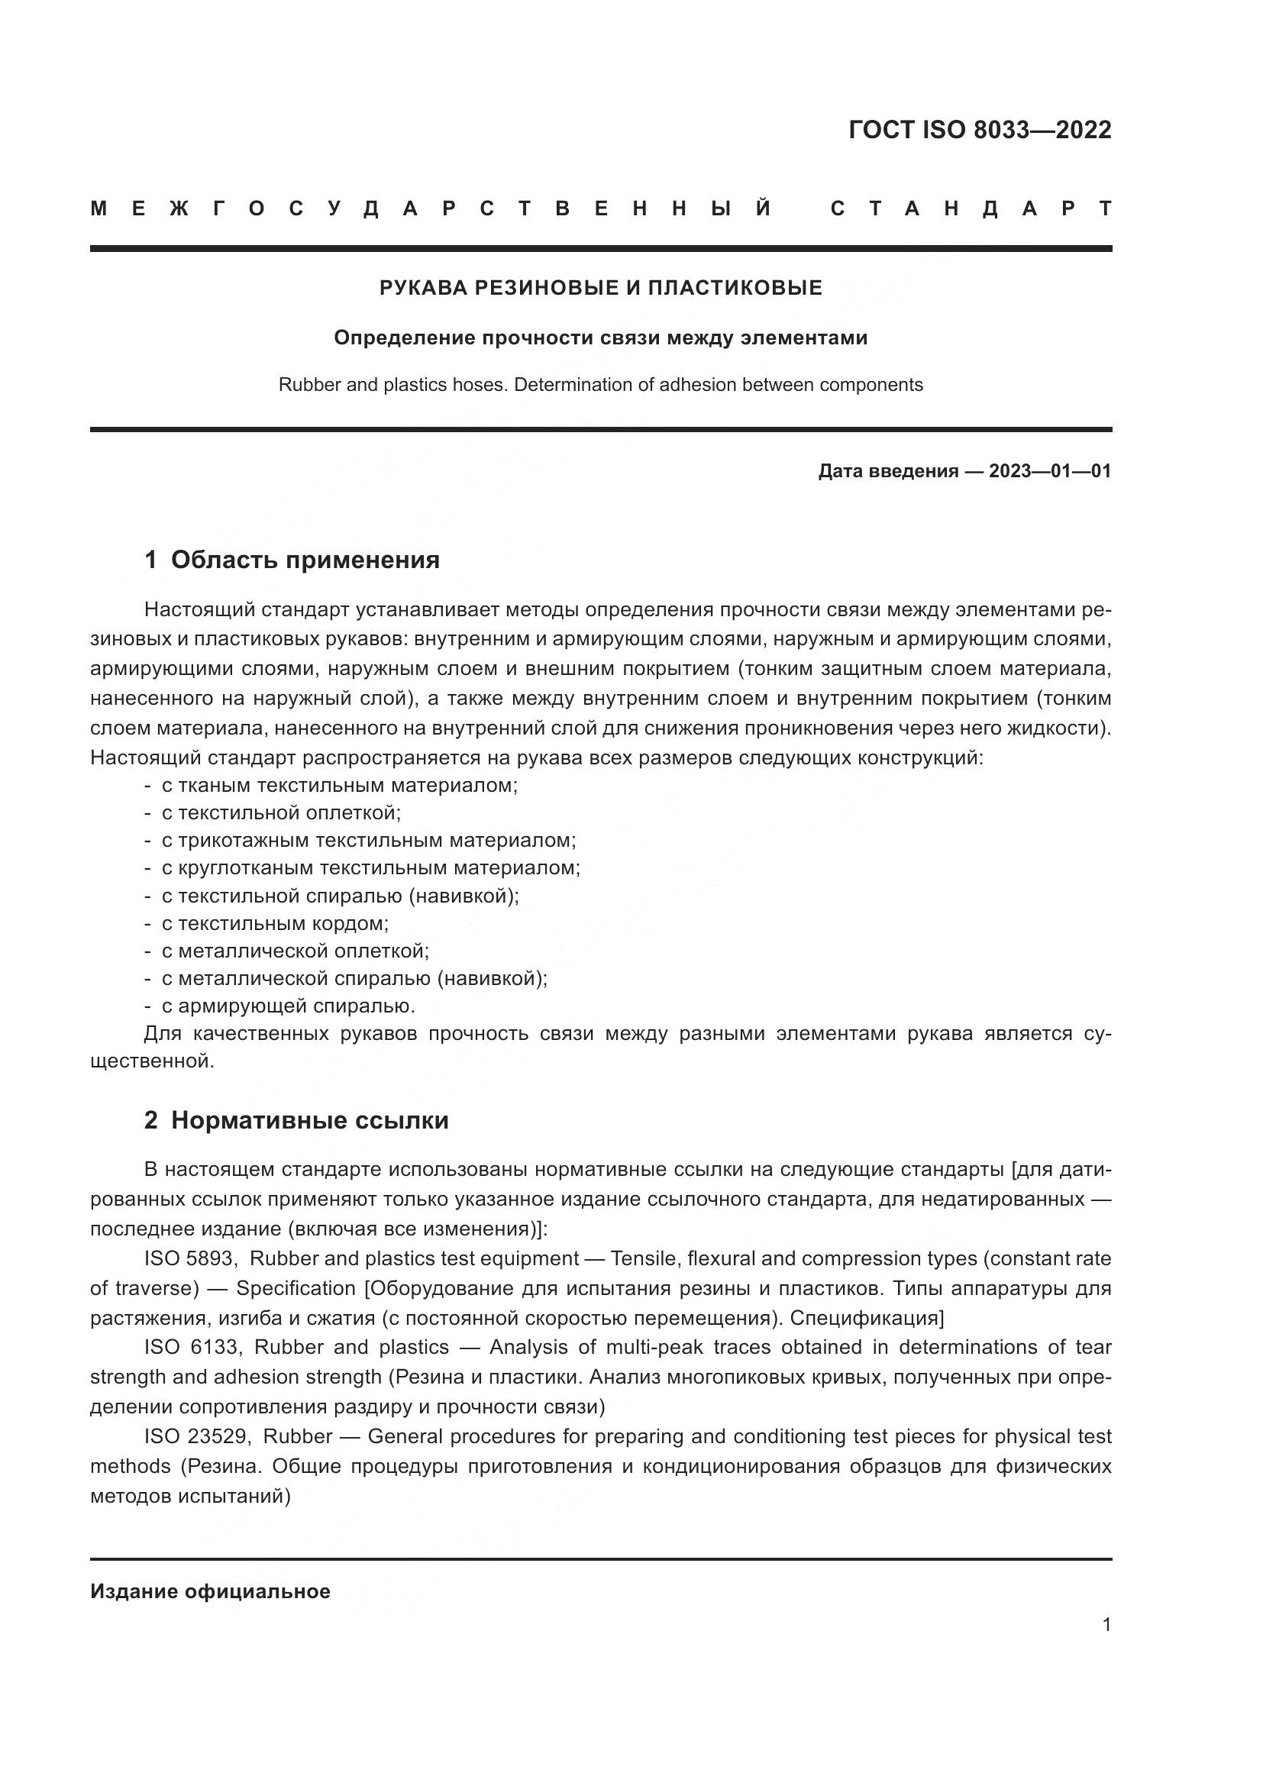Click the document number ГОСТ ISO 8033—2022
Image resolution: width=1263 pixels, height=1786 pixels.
coord(979,130)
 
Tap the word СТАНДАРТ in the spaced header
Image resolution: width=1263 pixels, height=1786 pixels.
coord(971,208)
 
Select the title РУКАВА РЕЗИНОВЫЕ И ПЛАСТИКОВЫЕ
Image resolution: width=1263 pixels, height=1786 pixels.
coord(600,288)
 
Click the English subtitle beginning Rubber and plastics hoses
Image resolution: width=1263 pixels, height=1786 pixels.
coord(600,384)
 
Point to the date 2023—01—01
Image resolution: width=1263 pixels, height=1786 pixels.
coord(1049,470)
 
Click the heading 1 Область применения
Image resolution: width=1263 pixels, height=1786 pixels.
coord(292,559)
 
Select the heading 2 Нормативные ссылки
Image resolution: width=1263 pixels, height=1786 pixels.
coord(296,1120)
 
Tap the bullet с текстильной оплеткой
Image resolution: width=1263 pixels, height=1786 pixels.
coord(281,813)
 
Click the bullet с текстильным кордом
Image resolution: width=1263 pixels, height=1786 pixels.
coord(275,923)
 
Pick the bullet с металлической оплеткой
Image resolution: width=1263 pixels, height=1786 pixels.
coord(295,951)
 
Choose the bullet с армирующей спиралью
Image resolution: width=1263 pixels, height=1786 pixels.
coord(288,1006)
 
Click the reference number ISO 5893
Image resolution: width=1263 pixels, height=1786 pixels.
coord(189,1258)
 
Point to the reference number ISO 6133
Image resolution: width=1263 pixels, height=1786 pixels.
coord(192,1346)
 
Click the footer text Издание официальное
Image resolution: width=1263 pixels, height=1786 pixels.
coord(210,1585)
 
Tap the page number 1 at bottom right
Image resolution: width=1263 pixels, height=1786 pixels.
coord(1106,1624)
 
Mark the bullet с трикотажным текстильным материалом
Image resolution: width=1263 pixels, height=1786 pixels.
coord(369,840)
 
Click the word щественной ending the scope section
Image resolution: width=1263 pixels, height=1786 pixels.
coord(151,1061)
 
